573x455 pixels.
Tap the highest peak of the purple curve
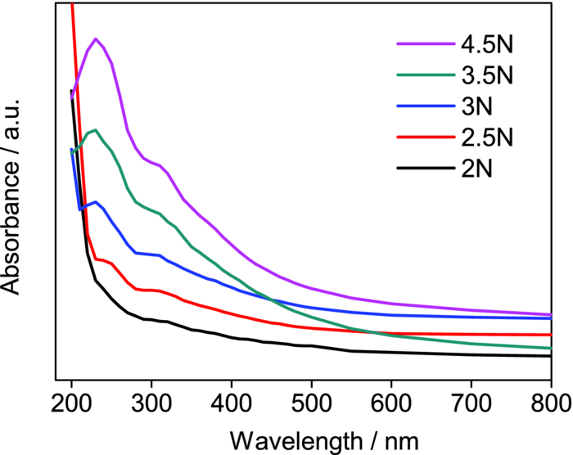click(x=96, y=38)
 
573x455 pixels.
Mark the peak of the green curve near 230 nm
click(x=96, y=130)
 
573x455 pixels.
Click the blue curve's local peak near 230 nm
click(x=96, y=201)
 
